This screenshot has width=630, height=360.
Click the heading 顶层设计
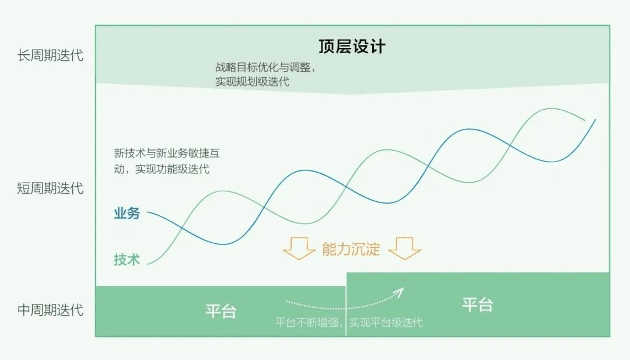click(352, 46)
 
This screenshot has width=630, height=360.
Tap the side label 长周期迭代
click(50, 55)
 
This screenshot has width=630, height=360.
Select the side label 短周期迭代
click(50, 188)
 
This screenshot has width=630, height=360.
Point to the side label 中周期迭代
click(50, 310)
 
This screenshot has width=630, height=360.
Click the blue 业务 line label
click(127, 213)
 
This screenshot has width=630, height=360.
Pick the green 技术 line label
click(127, 259)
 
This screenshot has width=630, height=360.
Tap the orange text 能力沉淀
click(351, 249)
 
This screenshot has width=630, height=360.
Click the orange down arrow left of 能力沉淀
click(299, 249)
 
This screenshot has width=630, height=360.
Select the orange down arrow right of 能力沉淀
click(405, 249)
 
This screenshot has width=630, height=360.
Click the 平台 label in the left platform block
click(221, 311)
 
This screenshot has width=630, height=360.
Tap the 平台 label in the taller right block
click(477, 305)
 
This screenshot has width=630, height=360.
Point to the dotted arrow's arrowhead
click(399, 292)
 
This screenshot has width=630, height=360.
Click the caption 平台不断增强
click(307, 322)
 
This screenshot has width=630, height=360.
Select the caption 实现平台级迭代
click(386, 322)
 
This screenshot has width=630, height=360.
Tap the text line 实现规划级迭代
click(253, 82)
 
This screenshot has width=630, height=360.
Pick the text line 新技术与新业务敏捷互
click(167, 153)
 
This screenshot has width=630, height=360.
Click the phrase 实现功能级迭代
click(172, 169)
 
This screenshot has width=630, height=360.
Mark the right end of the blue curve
click(596, 120)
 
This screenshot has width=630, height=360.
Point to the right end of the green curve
click(585, 120)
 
